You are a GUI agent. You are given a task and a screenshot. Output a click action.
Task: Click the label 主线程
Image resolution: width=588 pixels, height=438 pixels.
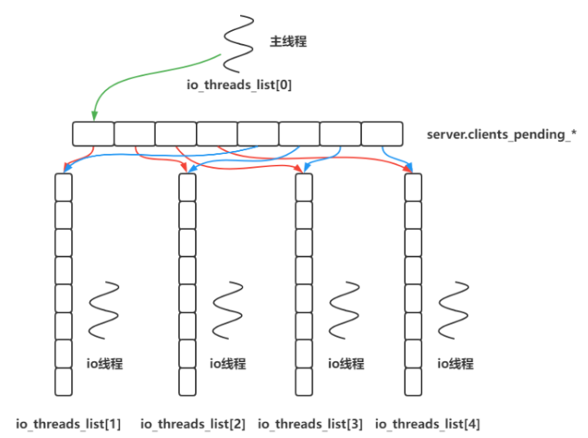[x=288, y=41]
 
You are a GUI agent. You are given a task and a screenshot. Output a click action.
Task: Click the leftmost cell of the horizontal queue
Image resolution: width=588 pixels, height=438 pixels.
[x=92, y=134]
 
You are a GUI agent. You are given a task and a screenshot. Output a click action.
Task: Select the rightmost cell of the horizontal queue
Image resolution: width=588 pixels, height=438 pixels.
[x=381, y=134]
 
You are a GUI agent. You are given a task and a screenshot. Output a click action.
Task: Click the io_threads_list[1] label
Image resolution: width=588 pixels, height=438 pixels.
[x=69, y=423]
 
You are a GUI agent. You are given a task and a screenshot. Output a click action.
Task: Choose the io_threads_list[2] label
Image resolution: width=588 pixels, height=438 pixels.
[x=193, y=423]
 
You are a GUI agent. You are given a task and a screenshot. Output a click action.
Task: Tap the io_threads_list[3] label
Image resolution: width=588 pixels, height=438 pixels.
[x=310, y=423]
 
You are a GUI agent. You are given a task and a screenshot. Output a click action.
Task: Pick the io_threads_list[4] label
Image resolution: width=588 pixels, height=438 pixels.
[x=428, y=423]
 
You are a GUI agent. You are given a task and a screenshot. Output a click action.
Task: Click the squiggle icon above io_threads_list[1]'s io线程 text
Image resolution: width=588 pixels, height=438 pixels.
[x=104, y=310]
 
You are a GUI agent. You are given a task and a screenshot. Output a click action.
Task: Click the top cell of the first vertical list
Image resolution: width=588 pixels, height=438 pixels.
[x=63, y=187]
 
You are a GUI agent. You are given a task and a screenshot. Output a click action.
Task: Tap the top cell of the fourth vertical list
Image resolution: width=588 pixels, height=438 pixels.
[x=413, y=187]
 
